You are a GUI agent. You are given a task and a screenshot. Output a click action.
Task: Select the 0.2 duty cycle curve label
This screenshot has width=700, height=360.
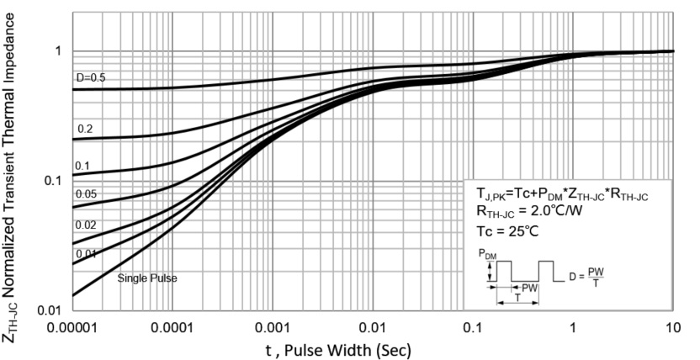click(84, 130)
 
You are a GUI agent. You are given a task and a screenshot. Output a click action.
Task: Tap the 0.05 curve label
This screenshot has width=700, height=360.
click(87, 194)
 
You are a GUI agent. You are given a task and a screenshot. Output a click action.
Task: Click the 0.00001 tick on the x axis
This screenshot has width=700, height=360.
click(73, 326)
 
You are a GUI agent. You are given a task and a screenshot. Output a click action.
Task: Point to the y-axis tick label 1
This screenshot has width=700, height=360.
click(58, 50)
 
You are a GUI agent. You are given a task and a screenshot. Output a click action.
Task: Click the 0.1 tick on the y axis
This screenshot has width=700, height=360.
click(53, 181)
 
